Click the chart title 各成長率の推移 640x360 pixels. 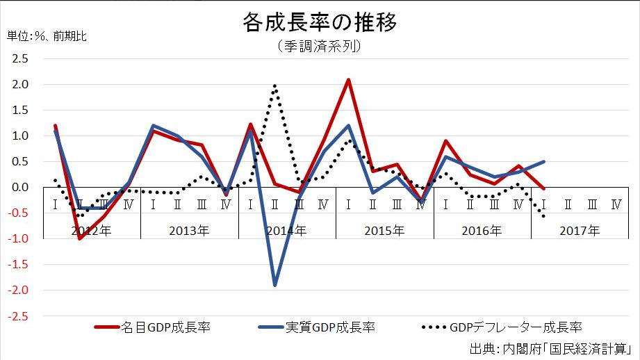coord(320,22)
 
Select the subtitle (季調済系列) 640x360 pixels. coord(320,47)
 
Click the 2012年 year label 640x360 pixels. coord(91,231)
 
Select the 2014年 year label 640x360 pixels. coord(286,231)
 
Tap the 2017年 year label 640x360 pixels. coord(580,231)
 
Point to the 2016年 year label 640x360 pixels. coord(482,231)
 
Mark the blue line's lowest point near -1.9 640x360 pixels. coord(275,285)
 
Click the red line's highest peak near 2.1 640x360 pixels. coord(348,80)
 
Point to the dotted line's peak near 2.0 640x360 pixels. coord(275,85)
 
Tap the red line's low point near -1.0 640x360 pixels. coord(80,238)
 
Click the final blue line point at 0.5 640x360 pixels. coord(543,162)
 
